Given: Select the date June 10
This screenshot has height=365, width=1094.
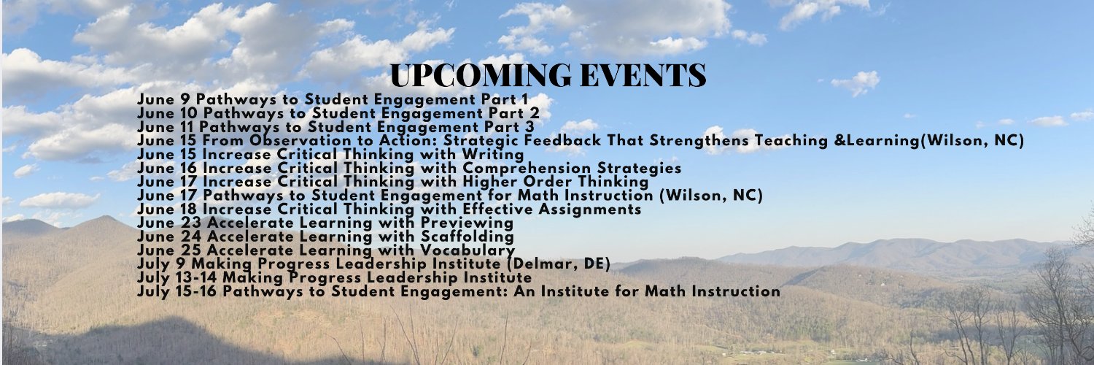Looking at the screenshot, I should (168, 113).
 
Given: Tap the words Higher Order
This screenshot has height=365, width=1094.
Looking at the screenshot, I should (511, 182).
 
